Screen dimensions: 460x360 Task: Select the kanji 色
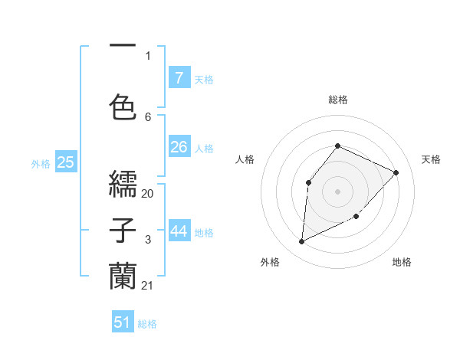[123, 106]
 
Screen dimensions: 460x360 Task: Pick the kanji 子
[123, 231]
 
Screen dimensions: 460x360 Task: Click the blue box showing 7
[179, 77]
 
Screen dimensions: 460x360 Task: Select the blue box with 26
[179, 146]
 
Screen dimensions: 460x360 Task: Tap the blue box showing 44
[179, 231]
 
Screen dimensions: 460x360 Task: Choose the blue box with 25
[65, 162]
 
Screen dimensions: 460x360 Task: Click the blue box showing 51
[123, 322]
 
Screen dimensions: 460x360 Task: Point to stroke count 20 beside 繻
[148, 194]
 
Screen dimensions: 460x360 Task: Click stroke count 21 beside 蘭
[148, 286]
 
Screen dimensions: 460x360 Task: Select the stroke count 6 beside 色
[148, 116]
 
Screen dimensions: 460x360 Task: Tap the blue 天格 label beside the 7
[204, 79]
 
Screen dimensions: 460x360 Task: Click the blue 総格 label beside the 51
[147, 324]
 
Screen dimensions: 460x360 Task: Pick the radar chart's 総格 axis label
[338, 100]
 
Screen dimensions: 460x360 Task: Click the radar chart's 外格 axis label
[270, 262]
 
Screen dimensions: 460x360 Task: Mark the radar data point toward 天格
[396, 172]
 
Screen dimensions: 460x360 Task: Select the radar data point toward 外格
[301, 242]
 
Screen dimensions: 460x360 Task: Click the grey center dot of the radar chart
[337, 190]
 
